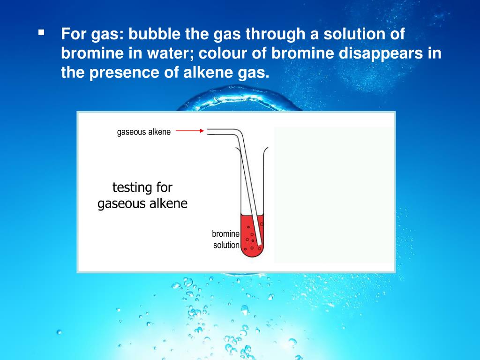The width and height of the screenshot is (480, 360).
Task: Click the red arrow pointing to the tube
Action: coord(190,131)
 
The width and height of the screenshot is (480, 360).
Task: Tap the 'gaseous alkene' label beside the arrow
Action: coord(144,132)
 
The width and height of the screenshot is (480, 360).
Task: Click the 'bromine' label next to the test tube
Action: coord(225,233)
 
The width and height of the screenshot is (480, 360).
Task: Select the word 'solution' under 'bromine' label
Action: coord(226,245)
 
